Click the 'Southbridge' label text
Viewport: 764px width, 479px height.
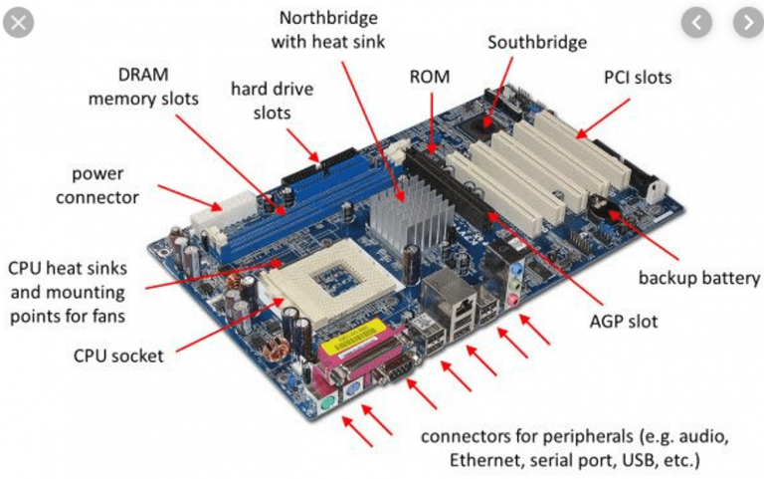click(x=536, y=43)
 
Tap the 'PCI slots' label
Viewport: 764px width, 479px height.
click(x=638, y=77)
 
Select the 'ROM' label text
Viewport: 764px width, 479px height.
click(x=430, y=77)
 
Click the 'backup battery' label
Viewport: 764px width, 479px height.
click(x=698, y=278)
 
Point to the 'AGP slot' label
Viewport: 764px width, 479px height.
click(x=623, y=322)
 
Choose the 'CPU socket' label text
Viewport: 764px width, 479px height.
click(x=118, y=355)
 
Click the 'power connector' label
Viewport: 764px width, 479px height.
click(x=97, y=185)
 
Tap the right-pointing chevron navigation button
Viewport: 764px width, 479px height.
click(x=746, y=21)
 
